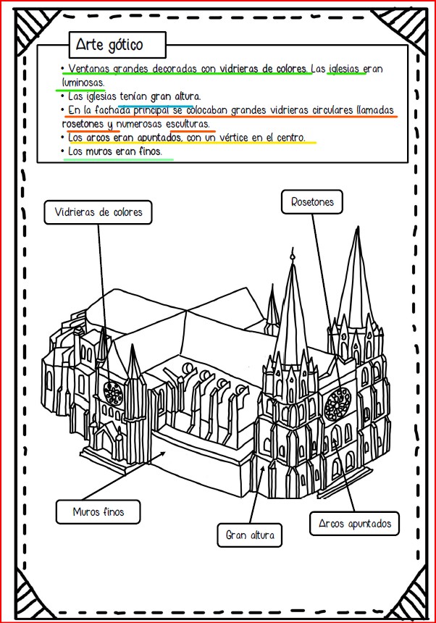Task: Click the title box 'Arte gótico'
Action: [117, 45]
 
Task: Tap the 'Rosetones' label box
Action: [312, 202]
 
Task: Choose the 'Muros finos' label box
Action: [98, 511]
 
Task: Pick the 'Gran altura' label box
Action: [249, 536]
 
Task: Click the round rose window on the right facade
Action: [337, 401]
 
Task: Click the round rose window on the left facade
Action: [112, 393]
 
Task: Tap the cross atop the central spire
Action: [291, 254]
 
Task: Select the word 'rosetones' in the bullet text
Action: [83, 123]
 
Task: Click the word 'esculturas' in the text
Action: [185, 123]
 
